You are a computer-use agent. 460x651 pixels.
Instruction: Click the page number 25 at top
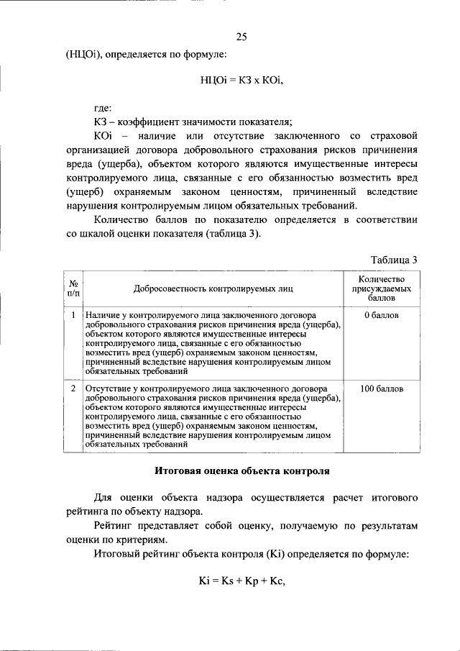click(x=241, y=37)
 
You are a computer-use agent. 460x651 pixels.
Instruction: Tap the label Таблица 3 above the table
click(x=394, y=260)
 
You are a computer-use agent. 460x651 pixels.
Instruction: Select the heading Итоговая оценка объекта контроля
click(x=242, y=472)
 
